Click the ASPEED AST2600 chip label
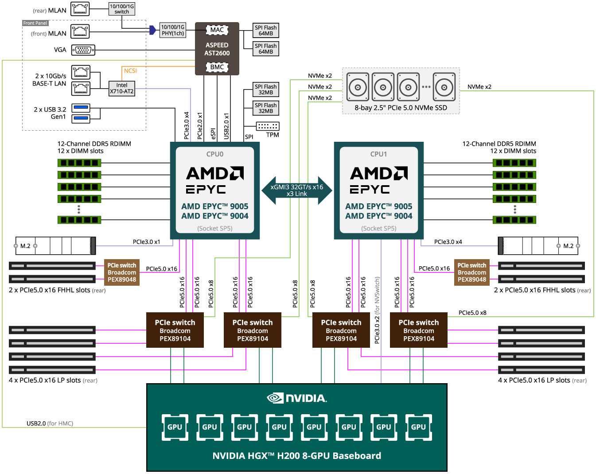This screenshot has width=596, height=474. pyautogui.click(x=217, y=49)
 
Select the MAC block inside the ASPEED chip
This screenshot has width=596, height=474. pyautogui.click(x=217, y=30)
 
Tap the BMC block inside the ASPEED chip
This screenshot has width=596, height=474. pyautogui.click(x=217, y=67)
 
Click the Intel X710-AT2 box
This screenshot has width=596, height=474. pyautogui.click(x=122, y=88)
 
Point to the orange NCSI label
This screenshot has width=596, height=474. pyautogui.click(x=130, y=71)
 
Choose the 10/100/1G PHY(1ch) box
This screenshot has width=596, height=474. pyautogui.click(x=173, y=30)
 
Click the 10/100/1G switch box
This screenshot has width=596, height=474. pyautogui.click(x=122, y=9)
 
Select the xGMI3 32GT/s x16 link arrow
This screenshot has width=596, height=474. pyautogui.click(x=297, y=190)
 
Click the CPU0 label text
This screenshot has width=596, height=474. pyautogui.click(x=215, y=154)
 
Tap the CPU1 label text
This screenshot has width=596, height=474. pyautogui.click(x=379, y=154)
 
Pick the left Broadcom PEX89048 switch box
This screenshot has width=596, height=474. pyautogui.click(x=122, y=272)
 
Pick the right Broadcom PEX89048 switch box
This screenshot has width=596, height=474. pyautogui.click(x=472, y=272)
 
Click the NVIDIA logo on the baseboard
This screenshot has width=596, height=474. pyautogui.click(x=297, y=398)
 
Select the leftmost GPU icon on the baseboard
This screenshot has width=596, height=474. pyautogui.click(x=175, y=427)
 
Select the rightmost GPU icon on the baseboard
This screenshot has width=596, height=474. pyautogui.click(x=419, y=427)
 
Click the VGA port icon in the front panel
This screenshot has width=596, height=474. pyautogui.click(x=83, y=50)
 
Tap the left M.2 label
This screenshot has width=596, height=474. pyautogui.click(x=25, y=246)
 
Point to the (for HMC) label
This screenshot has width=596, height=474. pyautogui.click(x=60, y=423)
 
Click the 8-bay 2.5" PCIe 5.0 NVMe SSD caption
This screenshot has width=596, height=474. pyautogui.click(x=401, y=108)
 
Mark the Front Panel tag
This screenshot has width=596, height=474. pyautogui.click(x=35, y=23)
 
